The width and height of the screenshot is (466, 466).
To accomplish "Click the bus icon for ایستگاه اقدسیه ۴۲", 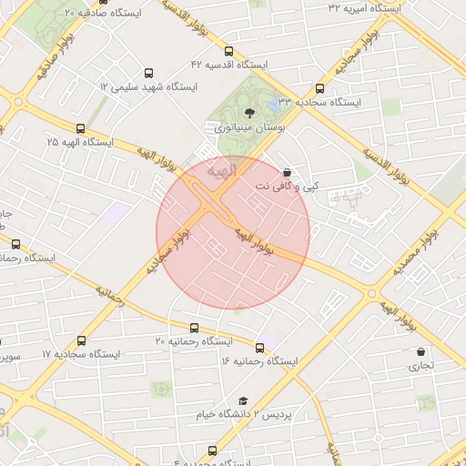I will [228, 51].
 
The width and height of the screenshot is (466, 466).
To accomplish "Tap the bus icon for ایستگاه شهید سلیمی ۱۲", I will [148, 73].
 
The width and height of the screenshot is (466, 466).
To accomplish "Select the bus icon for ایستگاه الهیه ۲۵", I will [81, 128].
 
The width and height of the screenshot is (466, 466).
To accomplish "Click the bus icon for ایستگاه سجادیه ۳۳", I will [319, 89].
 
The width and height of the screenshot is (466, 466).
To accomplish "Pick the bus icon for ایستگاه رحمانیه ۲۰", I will [194, 328].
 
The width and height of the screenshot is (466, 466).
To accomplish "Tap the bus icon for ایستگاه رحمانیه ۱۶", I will [260, 348].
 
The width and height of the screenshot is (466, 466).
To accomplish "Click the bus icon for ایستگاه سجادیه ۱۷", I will [82, 340].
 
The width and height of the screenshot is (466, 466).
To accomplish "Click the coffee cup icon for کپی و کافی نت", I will [288, 171].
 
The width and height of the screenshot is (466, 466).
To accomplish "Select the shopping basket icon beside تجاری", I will [420, 351].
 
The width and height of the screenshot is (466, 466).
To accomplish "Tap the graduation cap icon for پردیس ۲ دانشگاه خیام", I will [243, 400].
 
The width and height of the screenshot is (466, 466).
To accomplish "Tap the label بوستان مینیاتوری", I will [250, 129].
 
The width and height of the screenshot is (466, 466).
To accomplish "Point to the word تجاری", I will [420, 367].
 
